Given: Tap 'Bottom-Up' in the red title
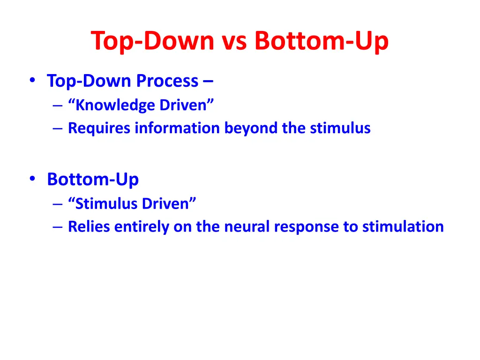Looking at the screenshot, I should pos(321,41).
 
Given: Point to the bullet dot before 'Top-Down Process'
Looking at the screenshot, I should pos(32,81).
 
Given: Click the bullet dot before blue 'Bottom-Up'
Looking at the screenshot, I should pos(32,179).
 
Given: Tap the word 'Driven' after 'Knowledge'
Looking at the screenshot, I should pos(186,105).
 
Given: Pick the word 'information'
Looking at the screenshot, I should pos(178,128).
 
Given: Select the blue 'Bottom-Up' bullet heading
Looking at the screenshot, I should pos(93,179).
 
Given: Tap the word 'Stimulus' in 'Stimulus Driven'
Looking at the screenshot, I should pos(106,203).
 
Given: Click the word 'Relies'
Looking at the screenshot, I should pos(90,227).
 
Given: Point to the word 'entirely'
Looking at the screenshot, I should pos(142,227).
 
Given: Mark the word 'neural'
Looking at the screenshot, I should pos(247,227).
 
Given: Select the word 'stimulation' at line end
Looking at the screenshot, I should pos(403,227).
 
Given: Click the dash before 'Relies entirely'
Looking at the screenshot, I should pos(58,227).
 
